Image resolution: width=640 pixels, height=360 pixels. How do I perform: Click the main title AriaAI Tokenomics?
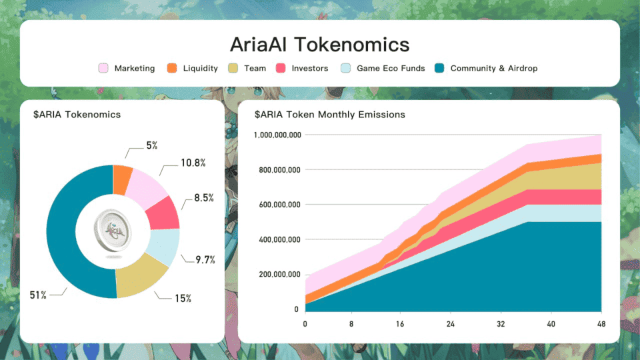(319, 45)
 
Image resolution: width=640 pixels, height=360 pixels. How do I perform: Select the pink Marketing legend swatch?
(103, 68)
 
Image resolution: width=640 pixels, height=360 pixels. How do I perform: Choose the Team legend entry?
(247, 68)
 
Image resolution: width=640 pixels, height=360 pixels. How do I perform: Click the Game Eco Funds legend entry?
(383, 68)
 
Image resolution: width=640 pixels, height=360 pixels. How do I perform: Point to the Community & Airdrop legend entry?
(485, 68)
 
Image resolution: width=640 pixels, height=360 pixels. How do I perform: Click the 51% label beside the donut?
(37, 295)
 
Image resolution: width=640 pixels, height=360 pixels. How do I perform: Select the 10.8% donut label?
(193, 163)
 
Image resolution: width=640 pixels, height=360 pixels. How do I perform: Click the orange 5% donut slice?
(122, 178)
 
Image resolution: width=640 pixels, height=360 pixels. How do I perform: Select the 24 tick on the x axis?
(451, 324)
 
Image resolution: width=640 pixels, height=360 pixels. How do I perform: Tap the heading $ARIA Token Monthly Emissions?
(329, 115)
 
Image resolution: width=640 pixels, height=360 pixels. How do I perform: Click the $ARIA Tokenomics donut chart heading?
(77, 115)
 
